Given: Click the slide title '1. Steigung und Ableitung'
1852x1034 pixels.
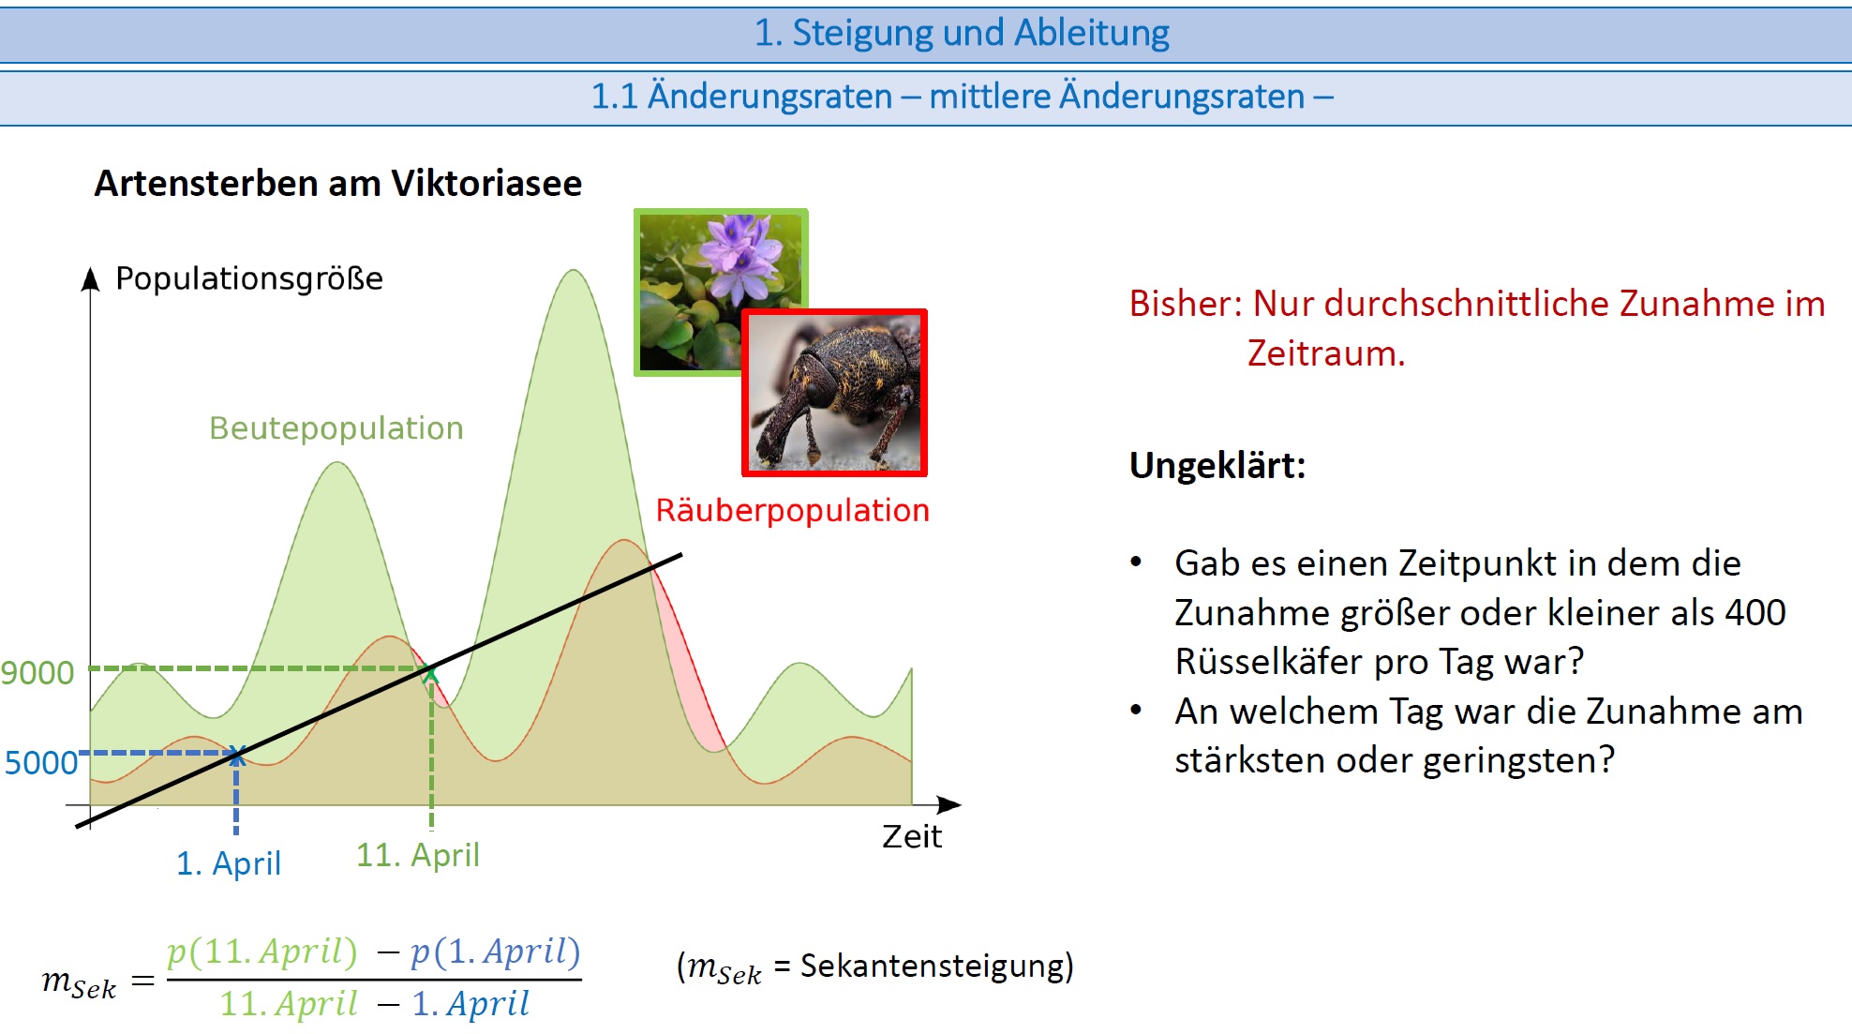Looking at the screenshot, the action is point(962,33).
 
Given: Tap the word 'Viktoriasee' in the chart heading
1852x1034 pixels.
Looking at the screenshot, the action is point(486,183).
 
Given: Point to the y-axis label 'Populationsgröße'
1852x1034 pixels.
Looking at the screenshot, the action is point(249,278).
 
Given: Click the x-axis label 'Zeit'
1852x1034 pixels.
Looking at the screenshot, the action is point(911,836).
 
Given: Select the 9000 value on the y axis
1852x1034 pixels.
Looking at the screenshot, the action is point(37,673).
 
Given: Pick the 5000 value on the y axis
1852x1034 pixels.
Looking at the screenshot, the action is point(41,763).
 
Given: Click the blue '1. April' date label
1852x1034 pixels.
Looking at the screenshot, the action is point(229,863).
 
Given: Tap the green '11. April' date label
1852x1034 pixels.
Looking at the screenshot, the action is point(418,855).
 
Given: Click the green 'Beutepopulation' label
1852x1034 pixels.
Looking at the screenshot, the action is point(336,428).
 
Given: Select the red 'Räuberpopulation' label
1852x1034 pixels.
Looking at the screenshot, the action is point(793,511).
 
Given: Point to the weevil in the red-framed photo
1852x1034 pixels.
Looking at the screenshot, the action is point(834,394).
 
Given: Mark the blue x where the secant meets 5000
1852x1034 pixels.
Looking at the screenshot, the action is point(236,754).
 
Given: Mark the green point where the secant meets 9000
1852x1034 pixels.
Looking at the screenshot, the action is point(431,671).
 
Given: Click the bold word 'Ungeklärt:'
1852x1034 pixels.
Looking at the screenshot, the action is point(1217,466).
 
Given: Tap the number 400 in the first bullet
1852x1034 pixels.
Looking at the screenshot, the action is point(1755,612).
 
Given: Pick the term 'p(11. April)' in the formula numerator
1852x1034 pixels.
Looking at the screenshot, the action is point(262,952).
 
